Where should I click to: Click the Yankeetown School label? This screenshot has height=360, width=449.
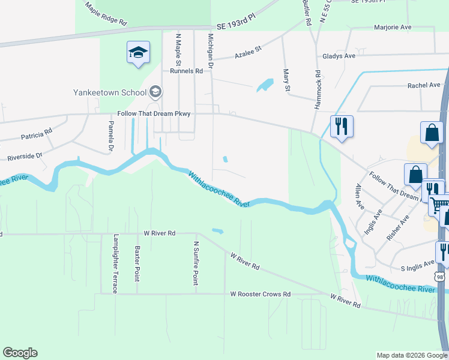[110, 92]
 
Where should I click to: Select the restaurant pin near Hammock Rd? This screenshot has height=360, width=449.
[342, 127]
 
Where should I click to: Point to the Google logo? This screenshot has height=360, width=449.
[20, 353]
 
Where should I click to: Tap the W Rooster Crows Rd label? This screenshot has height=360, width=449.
[261, 295]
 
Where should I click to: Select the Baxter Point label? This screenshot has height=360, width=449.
[137, 263]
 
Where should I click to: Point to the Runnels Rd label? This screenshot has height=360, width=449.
[186, 71]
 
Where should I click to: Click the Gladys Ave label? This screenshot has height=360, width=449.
[339, 56]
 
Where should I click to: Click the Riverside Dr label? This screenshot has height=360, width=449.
[25, 157]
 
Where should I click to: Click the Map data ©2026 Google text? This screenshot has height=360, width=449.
[411, 355]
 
